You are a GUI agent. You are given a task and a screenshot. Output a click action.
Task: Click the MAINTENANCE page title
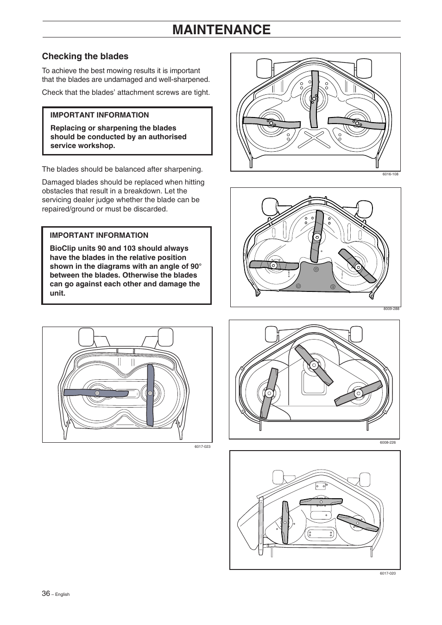[221, 30]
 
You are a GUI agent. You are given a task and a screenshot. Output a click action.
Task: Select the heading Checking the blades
[85, 56]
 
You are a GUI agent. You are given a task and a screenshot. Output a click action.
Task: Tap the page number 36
[46, 593]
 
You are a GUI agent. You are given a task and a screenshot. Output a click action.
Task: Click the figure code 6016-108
[391, 174]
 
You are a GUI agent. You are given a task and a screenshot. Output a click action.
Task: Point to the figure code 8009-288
[391, 309]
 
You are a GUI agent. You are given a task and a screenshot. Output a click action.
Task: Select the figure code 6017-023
[202, 446]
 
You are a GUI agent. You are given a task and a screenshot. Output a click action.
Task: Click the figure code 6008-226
[388, 443]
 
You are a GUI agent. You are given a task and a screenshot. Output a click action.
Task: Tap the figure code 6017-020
[388, 573]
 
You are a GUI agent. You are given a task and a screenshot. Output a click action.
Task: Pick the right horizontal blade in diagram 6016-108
[356, 123]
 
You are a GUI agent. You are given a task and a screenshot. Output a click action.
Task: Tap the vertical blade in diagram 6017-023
[150, 394]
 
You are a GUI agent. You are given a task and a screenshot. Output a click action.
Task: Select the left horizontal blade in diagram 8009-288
[274, 265]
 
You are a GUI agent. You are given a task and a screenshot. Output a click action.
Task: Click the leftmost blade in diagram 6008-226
[269, 393]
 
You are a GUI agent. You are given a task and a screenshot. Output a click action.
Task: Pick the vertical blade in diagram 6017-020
[285, 522]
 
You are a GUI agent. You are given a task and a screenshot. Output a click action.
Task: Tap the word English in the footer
[63, 594]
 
